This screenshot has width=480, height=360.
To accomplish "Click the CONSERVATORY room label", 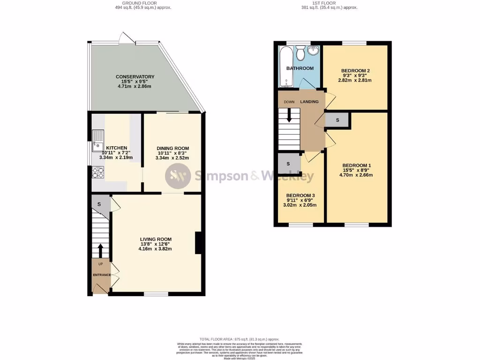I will point(135,77).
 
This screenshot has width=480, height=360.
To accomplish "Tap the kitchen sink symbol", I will point(98,139).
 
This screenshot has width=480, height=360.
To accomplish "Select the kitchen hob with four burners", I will point(98,173).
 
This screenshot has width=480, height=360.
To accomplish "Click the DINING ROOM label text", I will point(172,148).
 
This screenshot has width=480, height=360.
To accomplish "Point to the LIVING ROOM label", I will point(156,239).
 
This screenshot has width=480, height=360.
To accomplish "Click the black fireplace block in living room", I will point(198,243).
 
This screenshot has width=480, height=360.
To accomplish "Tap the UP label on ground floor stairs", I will point(100,264).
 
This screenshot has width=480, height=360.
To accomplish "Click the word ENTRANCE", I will point(101,275).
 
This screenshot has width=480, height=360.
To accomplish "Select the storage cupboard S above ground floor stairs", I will point(99,204).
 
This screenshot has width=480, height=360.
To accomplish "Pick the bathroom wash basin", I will point(314,50).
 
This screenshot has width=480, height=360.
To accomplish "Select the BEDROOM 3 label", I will point(301,195).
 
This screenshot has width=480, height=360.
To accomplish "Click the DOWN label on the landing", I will point(289,102).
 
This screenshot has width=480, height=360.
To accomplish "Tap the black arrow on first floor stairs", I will point(289,115).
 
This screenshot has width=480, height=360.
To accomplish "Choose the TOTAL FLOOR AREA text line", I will point(240,339).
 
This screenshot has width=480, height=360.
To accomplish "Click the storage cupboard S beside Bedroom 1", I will point(337,120).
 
